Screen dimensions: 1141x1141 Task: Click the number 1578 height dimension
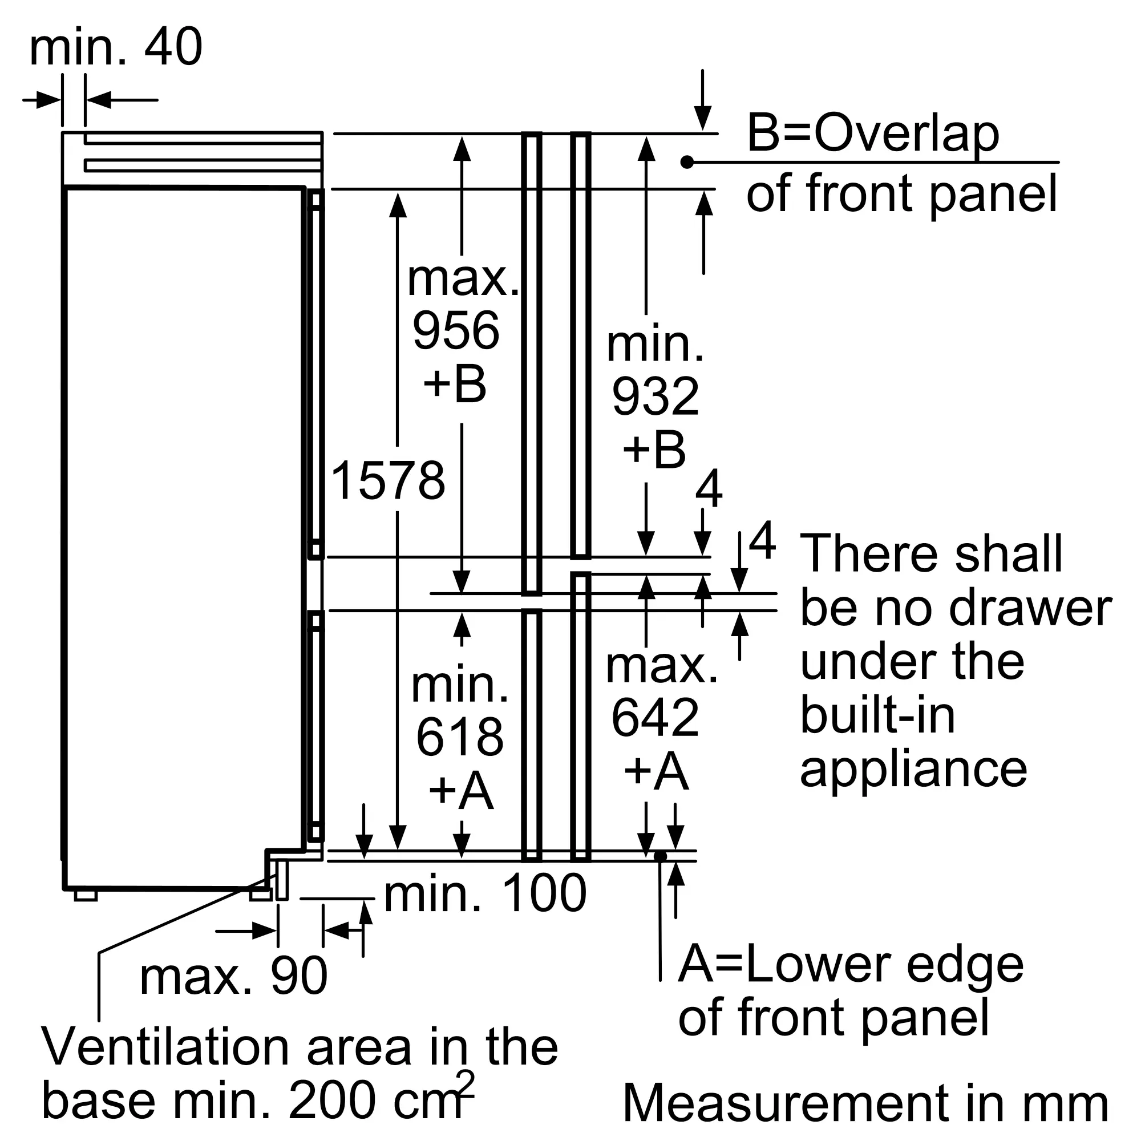coord(388,480)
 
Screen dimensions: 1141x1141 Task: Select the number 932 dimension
coord(656,396)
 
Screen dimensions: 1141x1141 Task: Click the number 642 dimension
coord(656,718)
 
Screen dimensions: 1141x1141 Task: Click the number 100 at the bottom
coord(544,893)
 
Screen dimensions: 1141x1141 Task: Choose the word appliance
coord(913,770)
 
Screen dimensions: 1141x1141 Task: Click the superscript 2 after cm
coord(466,1085)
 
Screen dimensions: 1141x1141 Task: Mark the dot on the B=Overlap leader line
coord(686,162)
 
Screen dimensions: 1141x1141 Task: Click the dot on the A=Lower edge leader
coord(660,856)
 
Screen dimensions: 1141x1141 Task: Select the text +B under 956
coord(455,384)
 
